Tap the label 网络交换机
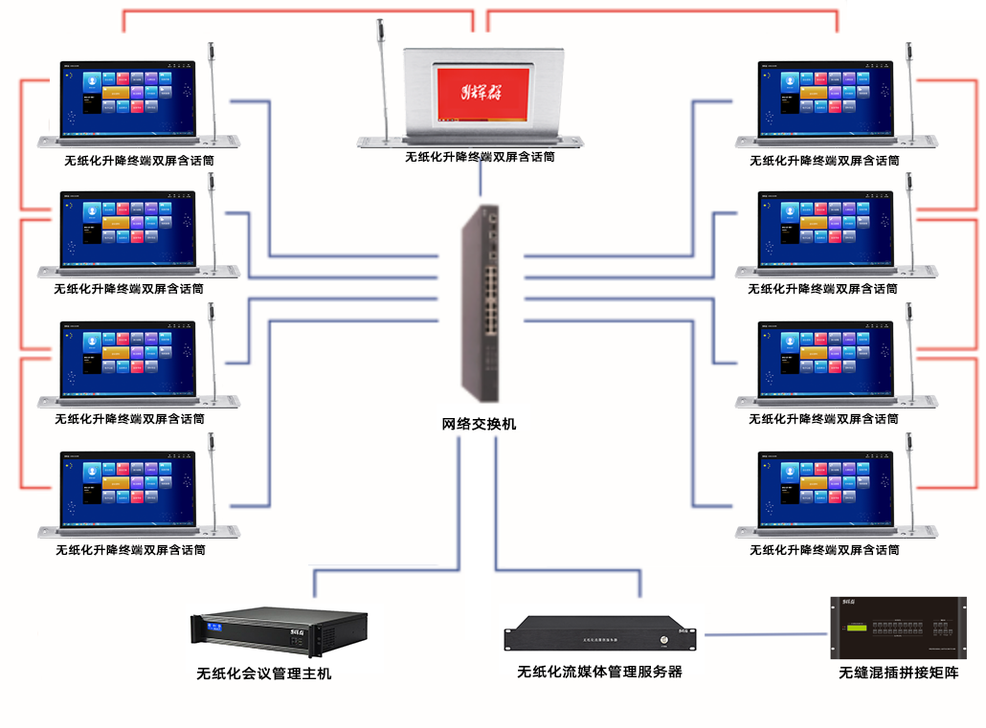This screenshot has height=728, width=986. tap(479, 423)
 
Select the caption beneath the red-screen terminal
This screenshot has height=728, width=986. tap(480, 156)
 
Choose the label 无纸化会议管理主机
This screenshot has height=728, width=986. tap(264, 673)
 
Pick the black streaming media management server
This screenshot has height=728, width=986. tap(600, 634)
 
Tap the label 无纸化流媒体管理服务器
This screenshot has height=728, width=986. tap(599, 672)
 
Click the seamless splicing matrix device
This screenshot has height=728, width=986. tap(897, 627)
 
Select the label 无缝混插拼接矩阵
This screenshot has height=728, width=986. tap(898, 673)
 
